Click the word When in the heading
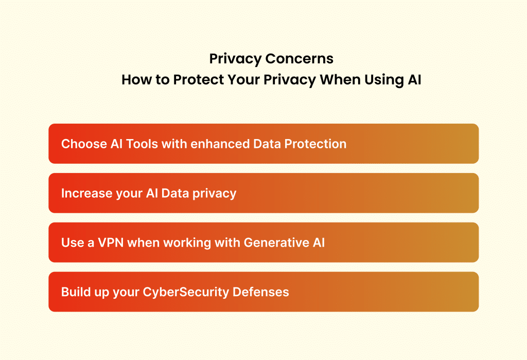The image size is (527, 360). point(325,81)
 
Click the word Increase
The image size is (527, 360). point(83,193)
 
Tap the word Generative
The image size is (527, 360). point(275,243)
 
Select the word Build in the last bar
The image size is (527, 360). point(74,292)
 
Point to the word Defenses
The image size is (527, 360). point(261,292)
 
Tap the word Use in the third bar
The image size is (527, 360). point(71,243)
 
